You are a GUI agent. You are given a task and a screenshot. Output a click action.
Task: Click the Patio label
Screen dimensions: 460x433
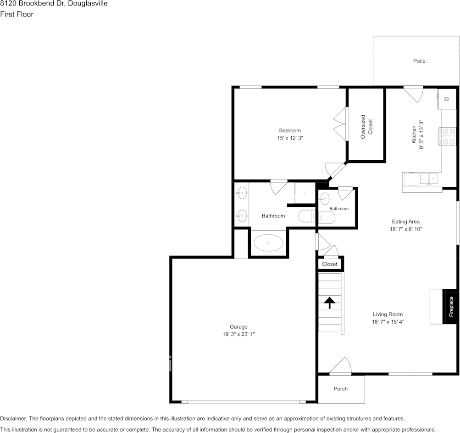(419, 61)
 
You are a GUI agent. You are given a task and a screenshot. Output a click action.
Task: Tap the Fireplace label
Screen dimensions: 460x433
(451, 307)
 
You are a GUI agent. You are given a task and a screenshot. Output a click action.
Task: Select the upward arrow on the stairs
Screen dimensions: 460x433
(329, 303)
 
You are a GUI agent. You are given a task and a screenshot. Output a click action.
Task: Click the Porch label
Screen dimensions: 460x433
(340, 389)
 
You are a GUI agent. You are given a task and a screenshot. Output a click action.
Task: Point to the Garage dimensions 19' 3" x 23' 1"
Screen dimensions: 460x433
(238, 334)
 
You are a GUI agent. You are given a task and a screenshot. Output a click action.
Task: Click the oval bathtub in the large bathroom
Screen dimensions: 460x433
(268, 243)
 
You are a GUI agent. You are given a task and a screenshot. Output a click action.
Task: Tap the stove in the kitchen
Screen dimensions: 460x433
(447, 136)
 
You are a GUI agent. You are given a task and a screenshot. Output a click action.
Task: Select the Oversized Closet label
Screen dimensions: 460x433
(366, 126)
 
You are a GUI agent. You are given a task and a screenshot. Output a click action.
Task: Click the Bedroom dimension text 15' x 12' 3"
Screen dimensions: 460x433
(290, 138)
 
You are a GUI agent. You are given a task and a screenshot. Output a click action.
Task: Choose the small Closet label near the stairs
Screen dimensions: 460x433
(329, 264)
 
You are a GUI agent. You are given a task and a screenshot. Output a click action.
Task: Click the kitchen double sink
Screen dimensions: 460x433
(429, 179)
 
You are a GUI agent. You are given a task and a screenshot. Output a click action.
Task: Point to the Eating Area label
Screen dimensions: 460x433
(406, 222)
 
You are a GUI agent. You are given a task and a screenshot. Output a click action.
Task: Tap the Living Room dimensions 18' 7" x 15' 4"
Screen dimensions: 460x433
(388, 322)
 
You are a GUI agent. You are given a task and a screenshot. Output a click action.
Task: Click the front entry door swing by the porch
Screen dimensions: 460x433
(341, 366)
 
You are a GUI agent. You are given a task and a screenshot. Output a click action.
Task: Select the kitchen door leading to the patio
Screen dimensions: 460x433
(413, 94)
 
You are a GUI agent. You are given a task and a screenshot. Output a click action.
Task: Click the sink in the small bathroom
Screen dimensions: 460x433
(324, 199)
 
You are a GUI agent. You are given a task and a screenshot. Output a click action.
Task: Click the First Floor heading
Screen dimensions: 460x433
(17, 14)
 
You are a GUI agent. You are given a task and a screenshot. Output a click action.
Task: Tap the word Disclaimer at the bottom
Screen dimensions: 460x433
(13, 419)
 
